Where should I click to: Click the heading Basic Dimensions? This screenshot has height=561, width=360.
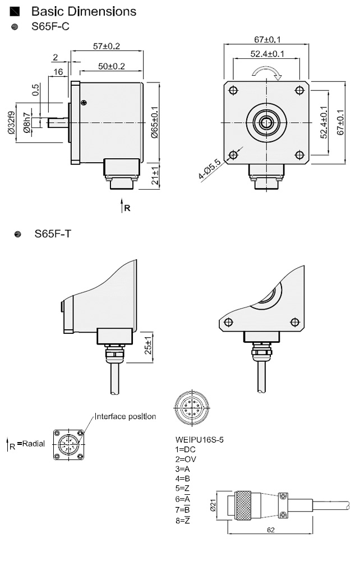point(84,11)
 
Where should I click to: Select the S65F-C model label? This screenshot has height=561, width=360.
point(50,26)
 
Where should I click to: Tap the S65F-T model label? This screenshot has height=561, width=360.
point(53,234)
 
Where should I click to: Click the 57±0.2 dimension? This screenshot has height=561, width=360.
point(107,46)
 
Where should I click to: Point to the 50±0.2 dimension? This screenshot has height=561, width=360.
point(112,66)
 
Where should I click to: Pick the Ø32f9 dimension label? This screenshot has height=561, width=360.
point(11,123)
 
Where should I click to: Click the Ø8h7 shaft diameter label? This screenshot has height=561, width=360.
point(27,123)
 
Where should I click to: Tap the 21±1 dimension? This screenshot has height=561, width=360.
point(155,176)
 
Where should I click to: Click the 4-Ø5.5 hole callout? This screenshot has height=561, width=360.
point(210,169)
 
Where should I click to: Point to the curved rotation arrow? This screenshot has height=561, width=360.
point(267,72)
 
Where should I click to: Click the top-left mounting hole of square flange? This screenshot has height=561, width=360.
point(233,90)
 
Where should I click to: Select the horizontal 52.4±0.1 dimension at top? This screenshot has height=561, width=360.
point(267,54)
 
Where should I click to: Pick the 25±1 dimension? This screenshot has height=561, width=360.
point(149,344)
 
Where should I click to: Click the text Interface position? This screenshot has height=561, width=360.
point(126,416)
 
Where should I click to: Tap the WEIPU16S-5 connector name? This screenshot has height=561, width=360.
point(200,440)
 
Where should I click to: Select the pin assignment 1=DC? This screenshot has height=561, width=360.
point(185,449)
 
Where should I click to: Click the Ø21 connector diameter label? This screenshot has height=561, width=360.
point(213,505)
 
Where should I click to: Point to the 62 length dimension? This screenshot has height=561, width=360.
point(271,530)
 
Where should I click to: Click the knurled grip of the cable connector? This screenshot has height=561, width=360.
point(244,505)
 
